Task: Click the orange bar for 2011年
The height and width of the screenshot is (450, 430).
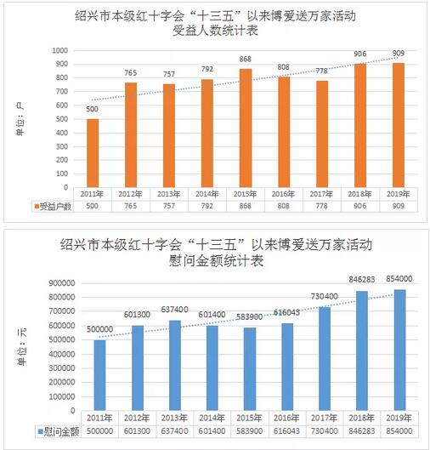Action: [x=93, y=153]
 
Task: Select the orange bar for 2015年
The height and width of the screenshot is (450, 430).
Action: [x=246, y=128]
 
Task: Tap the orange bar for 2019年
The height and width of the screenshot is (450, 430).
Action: [x=399, y=125]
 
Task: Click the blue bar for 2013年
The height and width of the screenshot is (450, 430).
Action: [x=175, y=365]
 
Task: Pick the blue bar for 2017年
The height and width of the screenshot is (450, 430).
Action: [x=325, y=359]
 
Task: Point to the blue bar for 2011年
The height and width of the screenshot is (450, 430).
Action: [x=99, y=375]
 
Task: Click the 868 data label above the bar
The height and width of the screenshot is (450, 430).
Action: [x=246, y=59]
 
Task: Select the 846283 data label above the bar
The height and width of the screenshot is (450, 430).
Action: [x=362, y=279]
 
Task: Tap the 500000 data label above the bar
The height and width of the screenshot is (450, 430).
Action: [x=99, y=329]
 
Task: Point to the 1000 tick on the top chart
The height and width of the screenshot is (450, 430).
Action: [x=60, y=50]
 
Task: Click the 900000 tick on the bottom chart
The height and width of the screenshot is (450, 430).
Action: [x=62, y=283]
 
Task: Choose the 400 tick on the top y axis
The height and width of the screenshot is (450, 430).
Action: [x=62, y=133]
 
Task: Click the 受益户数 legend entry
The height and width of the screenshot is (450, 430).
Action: [x=53, y=206]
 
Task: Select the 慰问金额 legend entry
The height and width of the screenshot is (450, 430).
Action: [x=58, y=431]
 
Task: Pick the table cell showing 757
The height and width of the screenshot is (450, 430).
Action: [x=169, y=206]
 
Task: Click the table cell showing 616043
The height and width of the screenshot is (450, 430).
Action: [x=286, y=431]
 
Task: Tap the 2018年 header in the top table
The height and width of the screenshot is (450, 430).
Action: [x=359, y=194]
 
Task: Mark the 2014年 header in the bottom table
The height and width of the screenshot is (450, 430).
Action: [x=212, y=419]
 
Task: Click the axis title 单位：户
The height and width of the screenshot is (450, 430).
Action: [x=20, y=119]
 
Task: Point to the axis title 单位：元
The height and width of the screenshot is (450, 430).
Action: [x=22, y=347]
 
